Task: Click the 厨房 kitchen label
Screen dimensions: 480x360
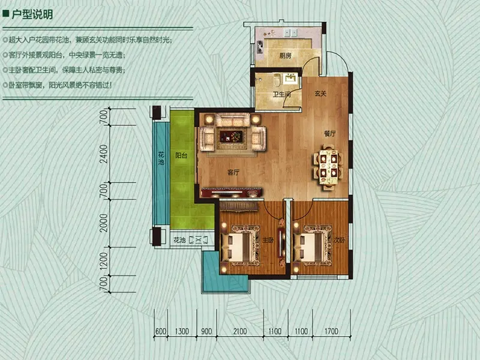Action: click(285, 56)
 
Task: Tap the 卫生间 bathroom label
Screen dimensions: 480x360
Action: click(282, 94)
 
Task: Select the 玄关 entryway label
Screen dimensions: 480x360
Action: click(320, 94)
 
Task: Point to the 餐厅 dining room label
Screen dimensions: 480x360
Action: click(329, 133)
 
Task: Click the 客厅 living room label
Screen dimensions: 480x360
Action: click(233, 173)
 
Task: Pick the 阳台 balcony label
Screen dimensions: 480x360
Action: click(181, 155)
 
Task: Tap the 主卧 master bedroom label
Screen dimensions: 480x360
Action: click(268, 241)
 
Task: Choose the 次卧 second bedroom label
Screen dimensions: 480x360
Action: click(339, 241)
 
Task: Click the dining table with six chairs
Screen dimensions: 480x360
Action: click(328, 167)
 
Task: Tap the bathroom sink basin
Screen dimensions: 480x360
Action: click(289, 79)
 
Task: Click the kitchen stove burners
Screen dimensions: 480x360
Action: click(260, 46)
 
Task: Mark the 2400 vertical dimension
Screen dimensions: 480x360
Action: click(104, 154)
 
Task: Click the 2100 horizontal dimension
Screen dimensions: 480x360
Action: click(240, 331)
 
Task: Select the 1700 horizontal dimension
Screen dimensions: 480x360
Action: click(331, 331)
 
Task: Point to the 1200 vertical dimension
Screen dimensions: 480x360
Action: click(104, 261)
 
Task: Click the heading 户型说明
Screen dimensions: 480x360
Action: click(32, 14)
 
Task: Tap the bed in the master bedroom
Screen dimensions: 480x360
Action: click(241, 244)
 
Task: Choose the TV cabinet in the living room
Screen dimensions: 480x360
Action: click(232, 192)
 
